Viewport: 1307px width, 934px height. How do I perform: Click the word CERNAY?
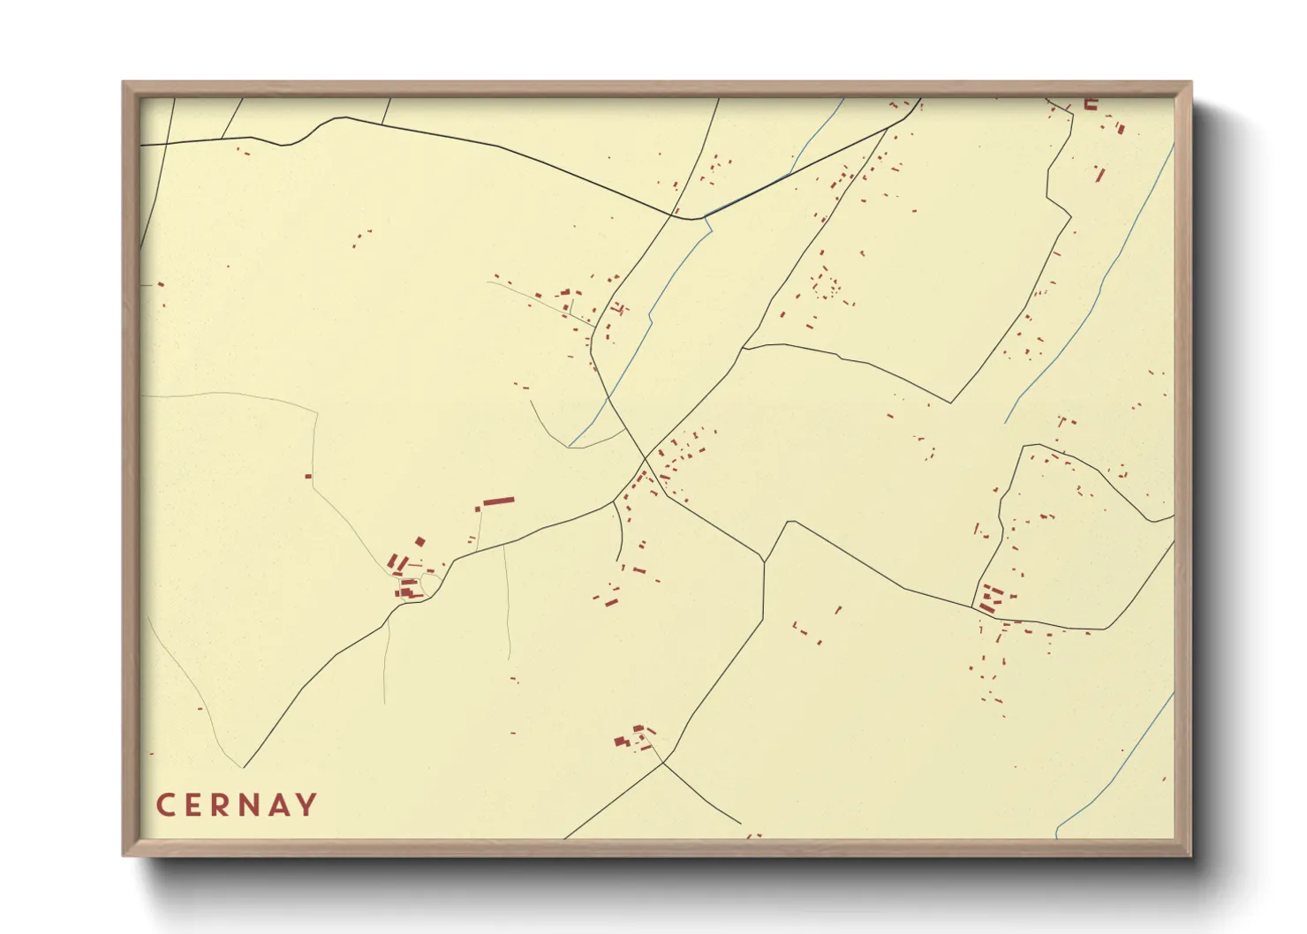237,805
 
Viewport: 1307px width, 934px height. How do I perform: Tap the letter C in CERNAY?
165,805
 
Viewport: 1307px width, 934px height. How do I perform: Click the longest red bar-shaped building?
498,501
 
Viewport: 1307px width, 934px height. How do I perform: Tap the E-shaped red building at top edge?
1091,103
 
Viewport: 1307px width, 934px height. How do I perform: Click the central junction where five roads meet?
646,458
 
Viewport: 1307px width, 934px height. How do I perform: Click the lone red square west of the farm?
308,477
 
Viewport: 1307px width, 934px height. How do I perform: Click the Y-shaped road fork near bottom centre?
662,763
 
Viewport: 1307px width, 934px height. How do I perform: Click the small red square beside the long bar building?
478,509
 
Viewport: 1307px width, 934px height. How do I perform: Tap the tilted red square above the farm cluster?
420,541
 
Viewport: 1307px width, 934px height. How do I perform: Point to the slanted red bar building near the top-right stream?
1099,173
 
